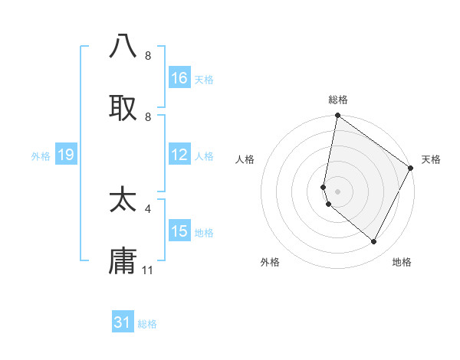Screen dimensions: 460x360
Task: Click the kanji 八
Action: (x=123, y=46)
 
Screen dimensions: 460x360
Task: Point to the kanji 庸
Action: (x=123, y=261)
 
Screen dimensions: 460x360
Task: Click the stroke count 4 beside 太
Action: (x=148, y=208)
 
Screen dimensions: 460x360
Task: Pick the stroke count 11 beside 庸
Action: (x=148, y=270)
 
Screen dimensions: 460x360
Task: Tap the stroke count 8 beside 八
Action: (x=148, y=55)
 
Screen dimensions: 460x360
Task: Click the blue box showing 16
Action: (x=179, y=78)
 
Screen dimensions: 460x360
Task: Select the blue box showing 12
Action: (x=179, y=155)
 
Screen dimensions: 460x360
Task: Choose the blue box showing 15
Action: (x=179, y=231)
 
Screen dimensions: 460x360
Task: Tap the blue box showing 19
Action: (x=65, y=155)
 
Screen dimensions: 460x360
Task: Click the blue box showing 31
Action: (x=123, y=322)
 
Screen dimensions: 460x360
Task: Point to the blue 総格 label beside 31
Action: (x=147, y=324)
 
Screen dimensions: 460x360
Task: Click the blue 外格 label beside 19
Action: (x=41, y=156)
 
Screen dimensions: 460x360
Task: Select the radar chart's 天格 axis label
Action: (x=431, y=159)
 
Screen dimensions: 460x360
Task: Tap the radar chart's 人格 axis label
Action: (x=245, y=159)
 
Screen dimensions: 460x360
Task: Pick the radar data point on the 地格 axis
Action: (x=374, y=242)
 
